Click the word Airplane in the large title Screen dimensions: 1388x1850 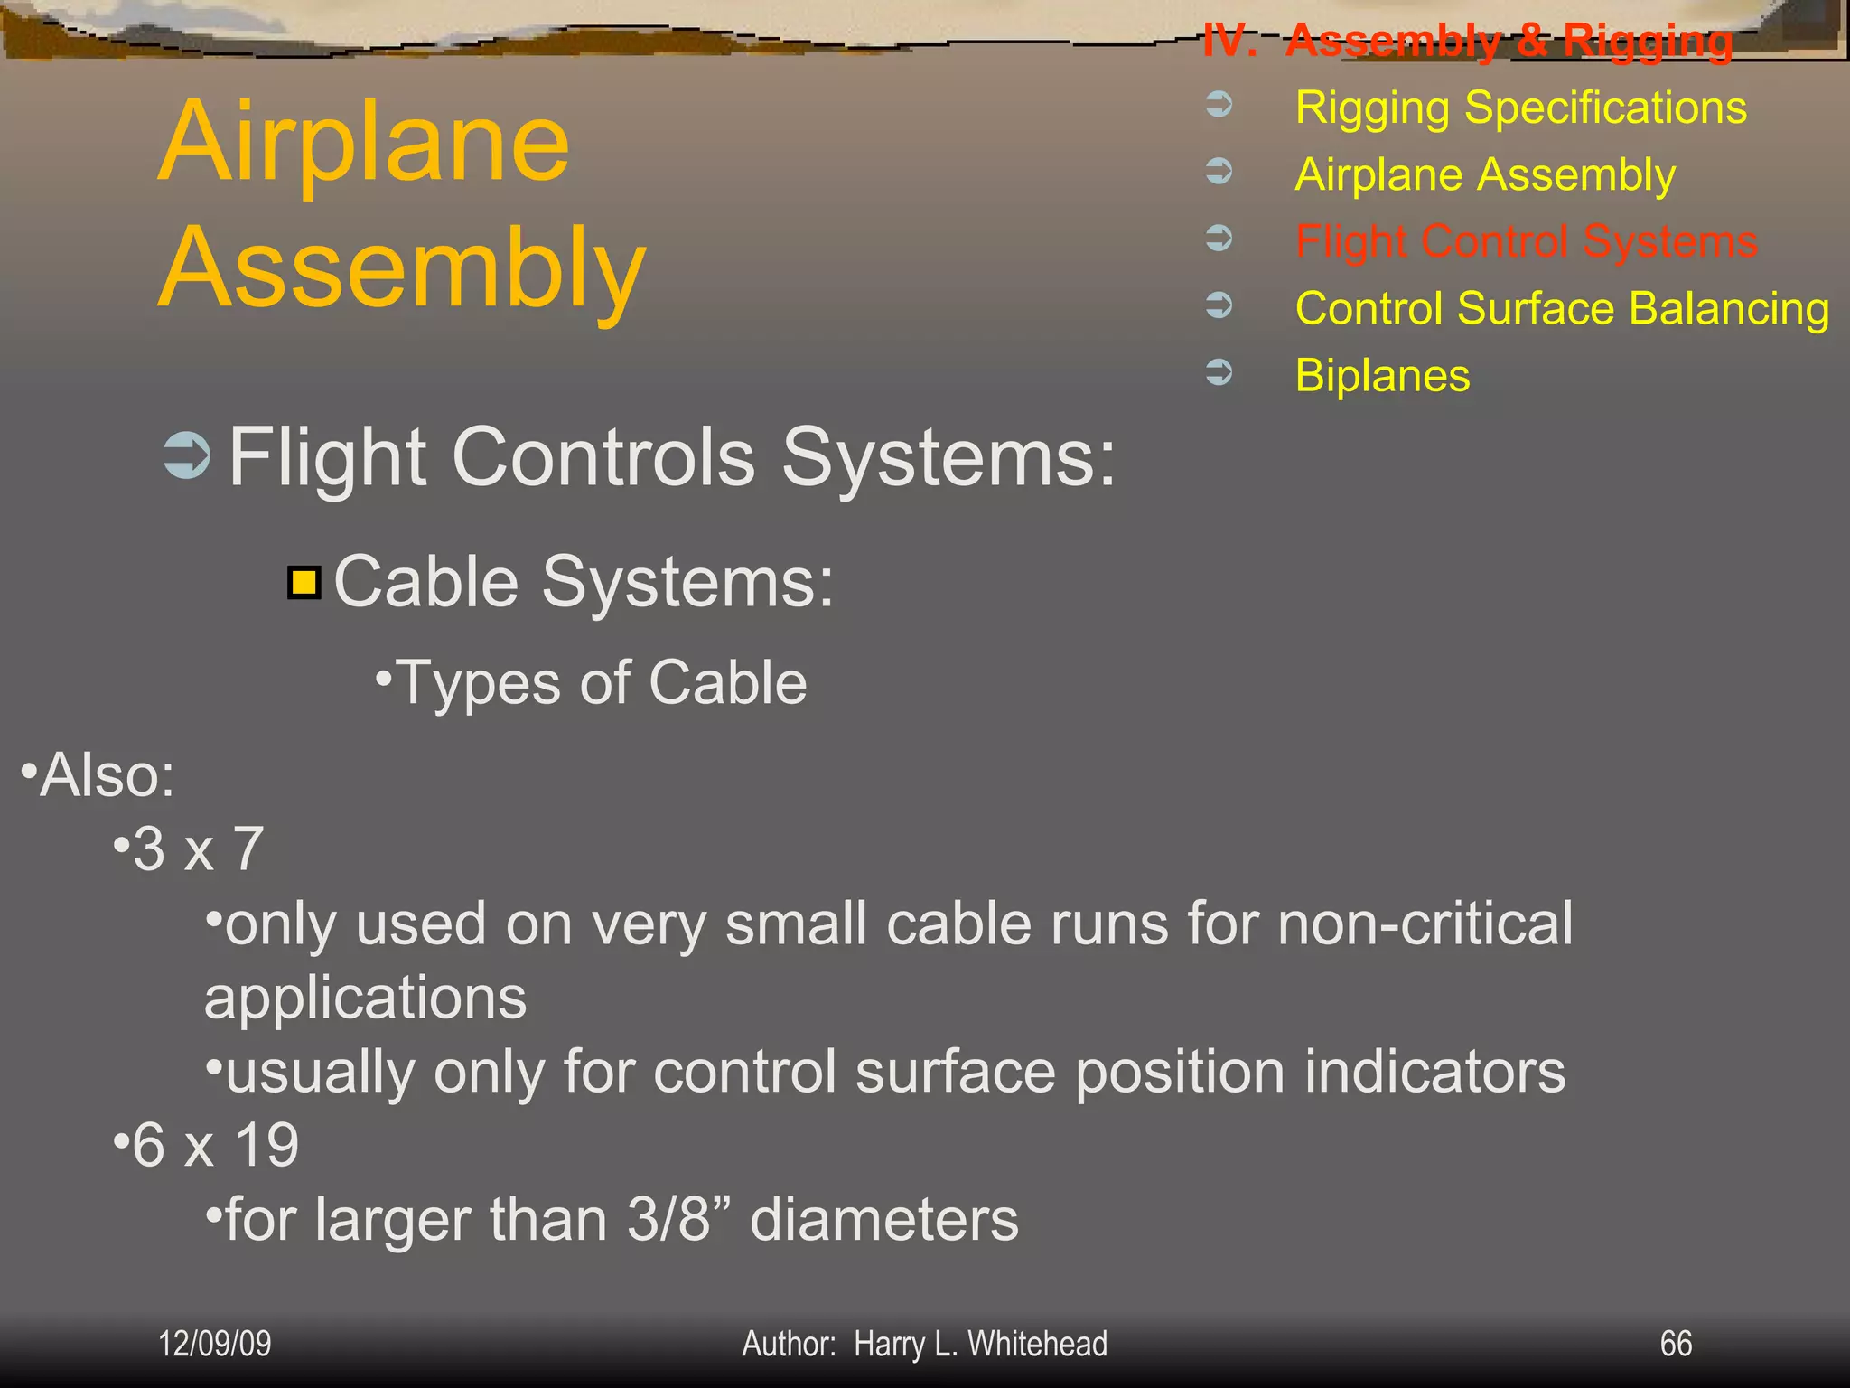363,142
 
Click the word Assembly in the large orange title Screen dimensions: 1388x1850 402,268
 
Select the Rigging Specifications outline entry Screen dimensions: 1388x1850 1520,108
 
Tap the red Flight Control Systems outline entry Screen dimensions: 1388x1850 1526,241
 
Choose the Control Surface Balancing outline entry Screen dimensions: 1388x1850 1562,308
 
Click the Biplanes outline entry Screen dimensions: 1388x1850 1382,375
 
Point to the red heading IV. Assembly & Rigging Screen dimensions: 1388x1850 1467,41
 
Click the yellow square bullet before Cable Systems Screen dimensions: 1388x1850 304,583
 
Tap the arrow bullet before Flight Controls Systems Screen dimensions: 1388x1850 187,455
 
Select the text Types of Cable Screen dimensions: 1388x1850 601,682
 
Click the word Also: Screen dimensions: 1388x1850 107,775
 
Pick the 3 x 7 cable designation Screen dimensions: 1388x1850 198,849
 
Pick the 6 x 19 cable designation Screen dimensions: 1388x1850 215,1145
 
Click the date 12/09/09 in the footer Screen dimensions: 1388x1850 215,1344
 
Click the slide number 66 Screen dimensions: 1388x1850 1676,1344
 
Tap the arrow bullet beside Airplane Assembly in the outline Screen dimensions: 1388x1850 1219,171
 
